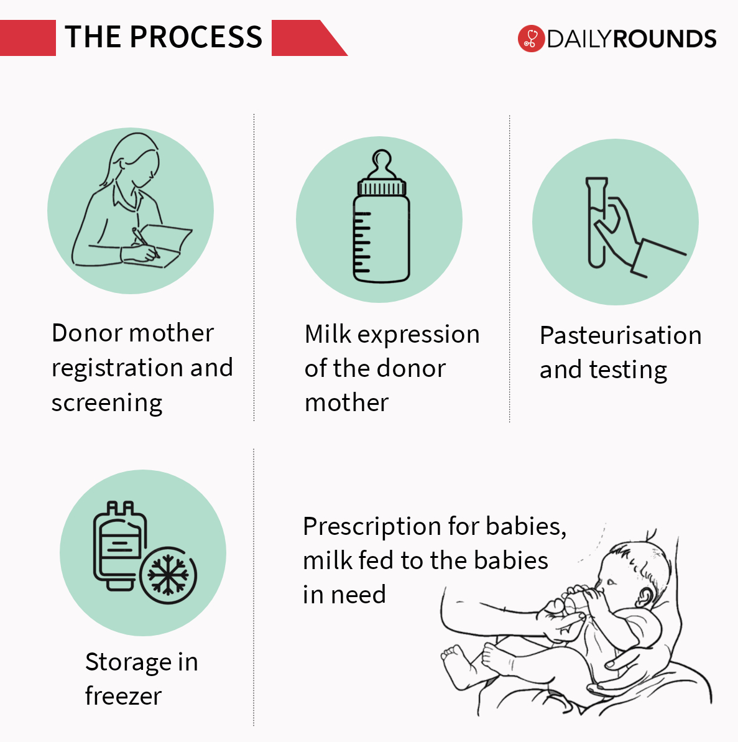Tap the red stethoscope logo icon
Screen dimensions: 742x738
point(530,39)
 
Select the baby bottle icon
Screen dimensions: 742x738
point(381,221)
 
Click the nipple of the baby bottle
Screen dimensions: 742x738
point(381,163)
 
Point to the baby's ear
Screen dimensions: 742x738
point(645,596)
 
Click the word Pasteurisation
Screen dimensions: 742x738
point(620,335)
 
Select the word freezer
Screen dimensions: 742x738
point(123,696)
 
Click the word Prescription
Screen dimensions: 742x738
point(369,526)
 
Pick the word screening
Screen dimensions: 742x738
point(107,403)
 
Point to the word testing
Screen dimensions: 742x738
point(628,370)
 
